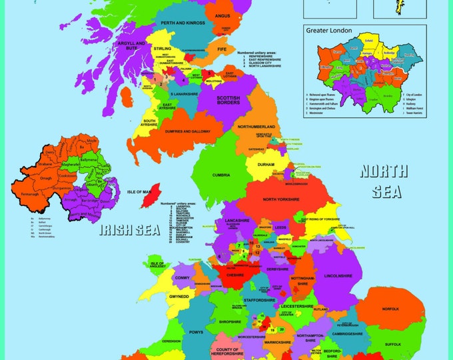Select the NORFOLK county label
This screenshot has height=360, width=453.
[x=390, y=309]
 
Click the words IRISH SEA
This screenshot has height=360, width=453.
[x=130, y=230]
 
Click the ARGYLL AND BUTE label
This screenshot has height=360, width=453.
[x=131, y=45]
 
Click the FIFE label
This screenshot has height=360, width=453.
[x=222, y=49]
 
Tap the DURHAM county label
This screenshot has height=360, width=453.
[x=265, y=164]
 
